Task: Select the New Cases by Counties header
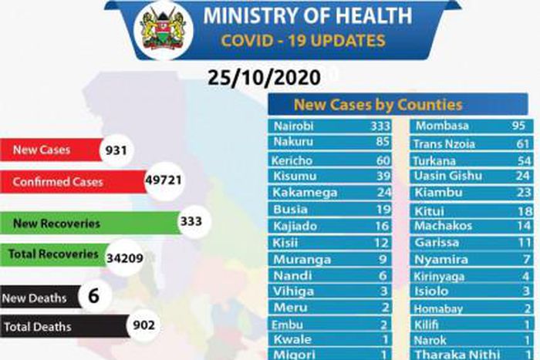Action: (x=378, y=105)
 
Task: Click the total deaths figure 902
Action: (x=143, y=326)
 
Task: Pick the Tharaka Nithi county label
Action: (x=450, y=354)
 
